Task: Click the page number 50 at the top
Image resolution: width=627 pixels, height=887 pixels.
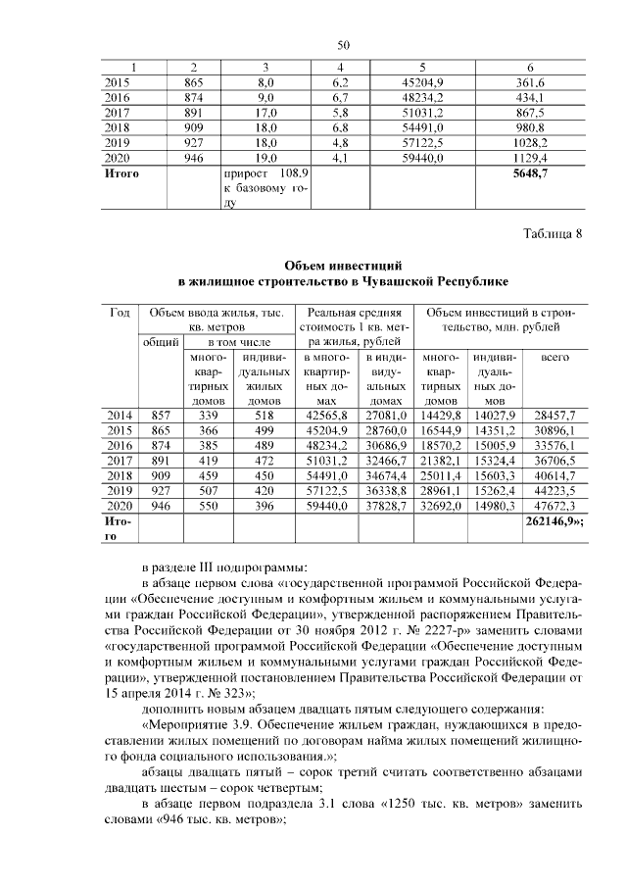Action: pyautogui.click(x=343, y=45)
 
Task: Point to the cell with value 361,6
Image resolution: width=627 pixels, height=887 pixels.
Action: pyautogui.click(x=530, y=81)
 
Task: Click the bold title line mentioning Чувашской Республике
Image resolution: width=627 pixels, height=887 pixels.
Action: pyautogui.click(x=342, y=281)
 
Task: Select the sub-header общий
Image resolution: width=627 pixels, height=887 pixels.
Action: pyautogui.click(x=161, y=342)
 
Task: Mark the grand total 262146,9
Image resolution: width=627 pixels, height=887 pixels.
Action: pyautogui.click(x=550, y=522)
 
